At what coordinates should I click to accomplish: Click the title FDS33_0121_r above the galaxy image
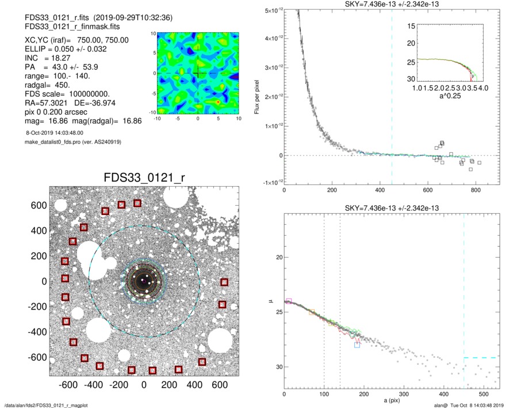click(x=144, y=176)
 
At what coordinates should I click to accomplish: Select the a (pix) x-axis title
click(x=394, y=399)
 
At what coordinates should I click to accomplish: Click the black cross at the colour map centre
click(x=198, y=73)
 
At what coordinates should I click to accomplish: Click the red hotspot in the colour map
click(x=218, y=101)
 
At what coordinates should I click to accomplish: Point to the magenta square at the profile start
click(x=289, y=301)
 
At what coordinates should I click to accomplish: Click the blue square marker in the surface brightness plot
click(x=357, y=345)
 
